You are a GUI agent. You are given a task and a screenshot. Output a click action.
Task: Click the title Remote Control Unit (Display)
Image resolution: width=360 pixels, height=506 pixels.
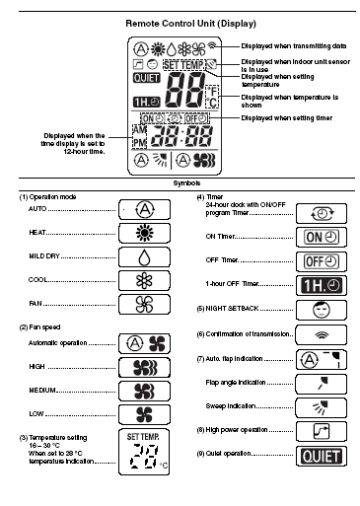180,20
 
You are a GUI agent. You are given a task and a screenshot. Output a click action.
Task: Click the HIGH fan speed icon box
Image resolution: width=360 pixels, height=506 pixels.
146,367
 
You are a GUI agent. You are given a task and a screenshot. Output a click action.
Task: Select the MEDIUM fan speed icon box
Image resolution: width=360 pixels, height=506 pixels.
146,391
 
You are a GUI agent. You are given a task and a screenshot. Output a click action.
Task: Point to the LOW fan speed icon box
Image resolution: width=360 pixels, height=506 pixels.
146,415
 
